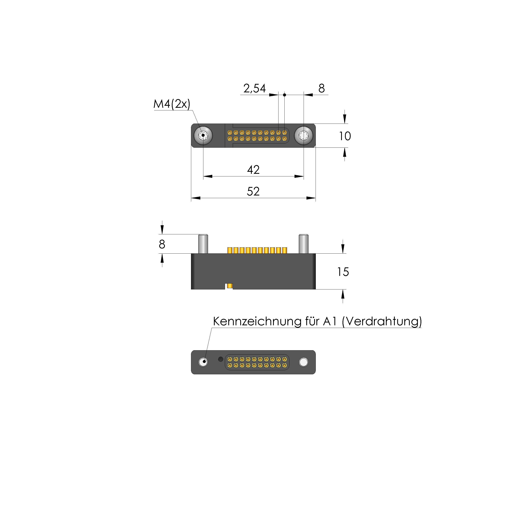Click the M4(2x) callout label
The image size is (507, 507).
click(x=172, y=104)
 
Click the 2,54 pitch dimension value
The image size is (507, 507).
click(x=254, y=89)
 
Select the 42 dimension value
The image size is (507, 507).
click(x=253, y=170)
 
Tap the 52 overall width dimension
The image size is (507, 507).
click(x=253, y=192)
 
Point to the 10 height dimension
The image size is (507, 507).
click(x=345, y=136)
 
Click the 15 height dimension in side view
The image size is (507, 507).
click(x=343, y=272)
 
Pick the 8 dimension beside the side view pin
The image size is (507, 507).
click(x=162, y=244)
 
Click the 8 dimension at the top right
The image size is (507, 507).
click(x=321, y=89)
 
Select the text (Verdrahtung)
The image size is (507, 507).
click(x=382, y=321)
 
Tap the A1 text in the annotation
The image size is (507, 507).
click(x=330, y=321)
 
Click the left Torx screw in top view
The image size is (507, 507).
click(x=203, y=136)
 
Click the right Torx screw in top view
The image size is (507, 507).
click(x=304, y=136)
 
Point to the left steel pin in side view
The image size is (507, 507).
click(x=203, y=244)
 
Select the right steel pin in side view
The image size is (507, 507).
click(x=304, y=244)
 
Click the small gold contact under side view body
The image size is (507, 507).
click(x=230, y=286)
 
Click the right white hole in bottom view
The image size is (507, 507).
click(x=304, y=362)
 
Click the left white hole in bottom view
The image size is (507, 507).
click(x=203, y=362)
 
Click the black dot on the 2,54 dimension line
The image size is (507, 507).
click(x=284, y=95)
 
